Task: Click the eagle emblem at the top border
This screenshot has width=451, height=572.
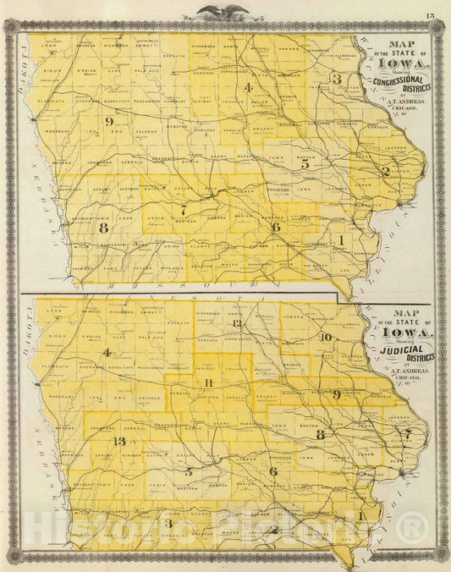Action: [x=223, y=12]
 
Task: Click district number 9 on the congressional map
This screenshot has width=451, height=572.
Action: [x=110, y=122]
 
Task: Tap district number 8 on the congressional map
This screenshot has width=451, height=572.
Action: [x=104, y=228]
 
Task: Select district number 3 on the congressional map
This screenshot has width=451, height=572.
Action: [x=337, y=79]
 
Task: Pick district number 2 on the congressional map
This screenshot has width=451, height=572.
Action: [x=386, y=171]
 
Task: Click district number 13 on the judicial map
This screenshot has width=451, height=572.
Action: [x=120, y=443]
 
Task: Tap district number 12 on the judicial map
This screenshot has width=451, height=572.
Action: [x=238, y=324]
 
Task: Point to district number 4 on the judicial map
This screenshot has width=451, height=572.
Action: [x=107, y=352]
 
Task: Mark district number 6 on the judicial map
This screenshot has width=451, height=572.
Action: [x=272, y=471]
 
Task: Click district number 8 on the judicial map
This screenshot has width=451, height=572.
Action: [x=320, y=434]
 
